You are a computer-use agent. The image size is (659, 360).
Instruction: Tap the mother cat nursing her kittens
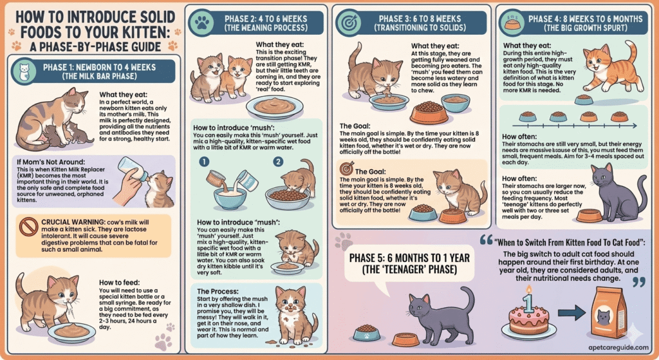pyautogui.click(x=55, y=121)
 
